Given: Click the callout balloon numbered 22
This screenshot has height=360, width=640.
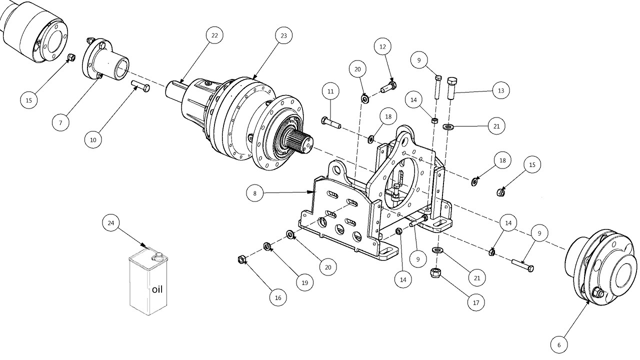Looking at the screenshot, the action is point(214,35).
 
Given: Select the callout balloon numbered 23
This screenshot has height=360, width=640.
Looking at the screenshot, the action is point(283,35).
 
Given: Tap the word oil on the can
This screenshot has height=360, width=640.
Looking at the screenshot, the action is point(157,289).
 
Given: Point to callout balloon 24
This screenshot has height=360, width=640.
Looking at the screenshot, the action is point(111,223).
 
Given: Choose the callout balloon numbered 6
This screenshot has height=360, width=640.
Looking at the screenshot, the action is point(559,345).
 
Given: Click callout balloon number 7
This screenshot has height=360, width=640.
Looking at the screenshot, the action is point(60,123).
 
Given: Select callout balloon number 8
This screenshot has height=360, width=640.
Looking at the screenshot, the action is point(254,193).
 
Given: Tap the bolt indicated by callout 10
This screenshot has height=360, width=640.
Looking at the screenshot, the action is point(140,86).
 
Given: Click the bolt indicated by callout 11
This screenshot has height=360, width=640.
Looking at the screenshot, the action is point(331,122).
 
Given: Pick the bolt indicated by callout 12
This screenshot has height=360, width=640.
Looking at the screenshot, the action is point(388,86).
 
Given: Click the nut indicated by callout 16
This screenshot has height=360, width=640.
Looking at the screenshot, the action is point(241,259).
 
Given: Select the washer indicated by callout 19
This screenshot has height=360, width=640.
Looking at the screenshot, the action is point(267,246).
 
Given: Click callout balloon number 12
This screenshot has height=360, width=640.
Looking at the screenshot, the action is point(382,47).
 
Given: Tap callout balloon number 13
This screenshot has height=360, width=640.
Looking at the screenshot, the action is point(501,91).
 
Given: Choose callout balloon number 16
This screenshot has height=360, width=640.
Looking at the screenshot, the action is point(278,298).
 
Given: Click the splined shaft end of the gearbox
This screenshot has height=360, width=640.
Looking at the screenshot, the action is point(300,140).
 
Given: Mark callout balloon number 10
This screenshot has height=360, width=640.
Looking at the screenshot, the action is point(93,140).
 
